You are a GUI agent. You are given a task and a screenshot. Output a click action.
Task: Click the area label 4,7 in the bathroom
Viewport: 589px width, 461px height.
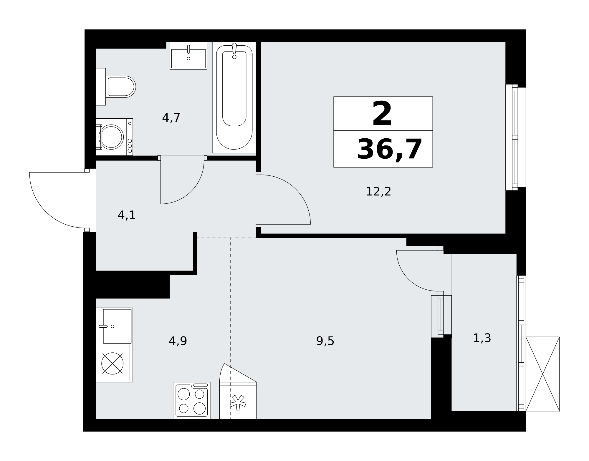[x=171, y=118]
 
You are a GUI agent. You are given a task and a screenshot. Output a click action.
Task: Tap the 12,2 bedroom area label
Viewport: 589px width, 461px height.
[x=378, y=192]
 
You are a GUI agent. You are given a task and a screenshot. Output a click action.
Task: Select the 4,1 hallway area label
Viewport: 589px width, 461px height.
[x=127, y=215]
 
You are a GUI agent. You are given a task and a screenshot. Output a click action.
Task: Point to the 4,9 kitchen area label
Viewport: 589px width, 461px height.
[x=178, y=341]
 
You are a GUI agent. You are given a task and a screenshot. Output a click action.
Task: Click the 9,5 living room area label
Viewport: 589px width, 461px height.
[x=325, y=341]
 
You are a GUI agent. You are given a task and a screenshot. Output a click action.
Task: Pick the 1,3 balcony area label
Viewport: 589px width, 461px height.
[x=482, y=338]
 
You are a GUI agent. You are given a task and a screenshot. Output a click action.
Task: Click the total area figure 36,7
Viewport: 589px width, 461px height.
[x=390, y=150]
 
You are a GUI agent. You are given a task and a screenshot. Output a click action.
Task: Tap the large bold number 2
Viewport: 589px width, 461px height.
[x=382, y=113]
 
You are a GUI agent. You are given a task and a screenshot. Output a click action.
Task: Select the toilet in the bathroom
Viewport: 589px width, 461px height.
[x=115, y=87]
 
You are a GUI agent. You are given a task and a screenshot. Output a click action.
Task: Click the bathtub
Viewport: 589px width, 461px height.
[x=234, y=97]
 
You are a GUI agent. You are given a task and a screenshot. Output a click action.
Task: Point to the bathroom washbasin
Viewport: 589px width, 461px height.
[x=188, y=56]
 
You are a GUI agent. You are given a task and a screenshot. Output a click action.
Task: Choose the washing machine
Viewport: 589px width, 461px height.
[x=114, y=137]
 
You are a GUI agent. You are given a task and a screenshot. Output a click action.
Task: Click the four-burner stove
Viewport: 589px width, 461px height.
[x=192, y=400]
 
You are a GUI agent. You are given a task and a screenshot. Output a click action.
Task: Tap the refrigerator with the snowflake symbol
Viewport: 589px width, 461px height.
[x=238, y=391]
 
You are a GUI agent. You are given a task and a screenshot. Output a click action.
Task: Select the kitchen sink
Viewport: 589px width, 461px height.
[x=114, y=326]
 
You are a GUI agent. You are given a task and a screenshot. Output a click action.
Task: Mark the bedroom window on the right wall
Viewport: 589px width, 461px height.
[x=516, y=137]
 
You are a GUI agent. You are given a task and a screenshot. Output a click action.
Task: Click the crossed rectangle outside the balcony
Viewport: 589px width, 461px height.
[x=542, y=374]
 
